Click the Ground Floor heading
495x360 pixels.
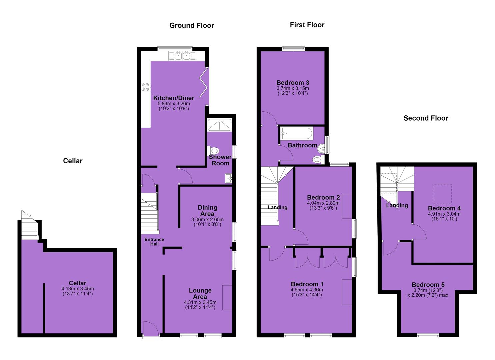[192, 26]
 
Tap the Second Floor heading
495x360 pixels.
[426, 118]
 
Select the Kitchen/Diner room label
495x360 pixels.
[174, 98]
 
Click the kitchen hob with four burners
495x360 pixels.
[146, 87]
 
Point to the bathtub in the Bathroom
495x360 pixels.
[297, 133]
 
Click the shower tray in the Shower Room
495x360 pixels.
[219, 125]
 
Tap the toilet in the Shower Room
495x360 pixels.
[213, 151]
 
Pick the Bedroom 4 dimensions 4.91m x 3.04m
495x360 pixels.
[444, 214]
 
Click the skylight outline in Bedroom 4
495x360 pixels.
[442, 194]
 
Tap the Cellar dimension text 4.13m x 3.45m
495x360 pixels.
[78, 289]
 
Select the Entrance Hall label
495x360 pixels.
[154, 242]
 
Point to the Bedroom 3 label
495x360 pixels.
[293, 83]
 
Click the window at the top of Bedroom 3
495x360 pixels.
[293, 49]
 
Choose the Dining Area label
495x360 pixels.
[208, 211]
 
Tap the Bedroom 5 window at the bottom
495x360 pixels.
[428, 336]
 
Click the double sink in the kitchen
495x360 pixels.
[182, 56]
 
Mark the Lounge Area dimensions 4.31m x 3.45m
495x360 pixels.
[200, 302]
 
